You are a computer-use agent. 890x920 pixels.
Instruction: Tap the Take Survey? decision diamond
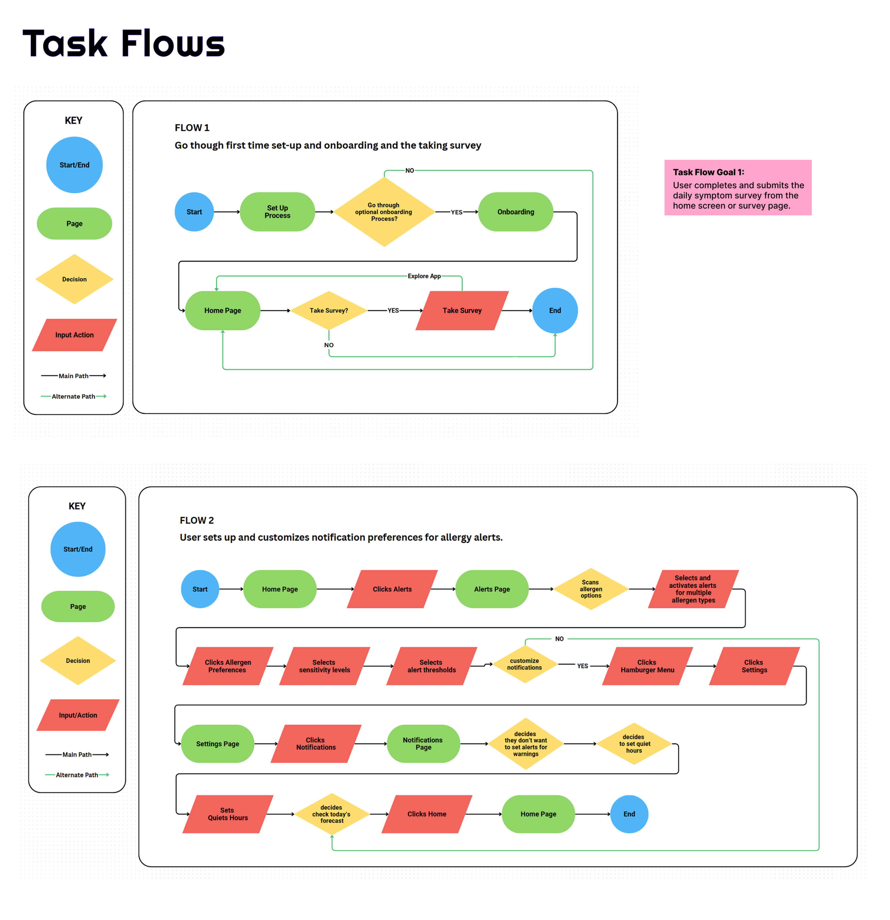pos(329,310)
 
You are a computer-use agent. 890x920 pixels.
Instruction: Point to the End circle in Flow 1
pos(555,310)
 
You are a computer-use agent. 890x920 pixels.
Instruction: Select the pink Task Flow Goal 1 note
pos(737,188)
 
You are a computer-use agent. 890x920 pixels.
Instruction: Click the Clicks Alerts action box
pos(392,589)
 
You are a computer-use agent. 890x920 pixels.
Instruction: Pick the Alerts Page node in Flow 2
pos(492,589)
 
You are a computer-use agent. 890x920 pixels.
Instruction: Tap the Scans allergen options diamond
pos(590,589)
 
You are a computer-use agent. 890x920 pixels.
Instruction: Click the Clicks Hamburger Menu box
pos(647,666)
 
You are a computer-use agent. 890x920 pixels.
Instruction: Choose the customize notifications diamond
pos(525,664)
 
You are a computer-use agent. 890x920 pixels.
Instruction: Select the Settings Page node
pos(217,744)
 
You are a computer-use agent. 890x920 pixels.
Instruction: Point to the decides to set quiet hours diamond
pos(634,744)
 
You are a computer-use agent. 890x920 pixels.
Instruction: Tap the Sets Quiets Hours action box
pos(228,814)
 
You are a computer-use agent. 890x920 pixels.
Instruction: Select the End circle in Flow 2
pos(629,814)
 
